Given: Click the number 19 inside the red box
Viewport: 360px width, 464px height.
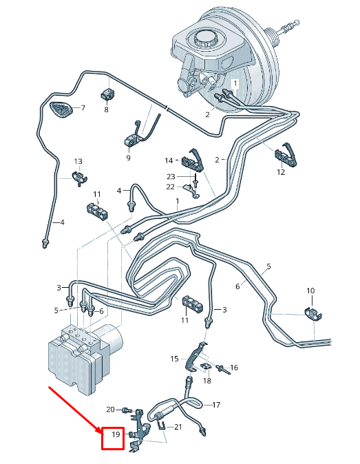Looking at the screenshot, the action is pos(116,434).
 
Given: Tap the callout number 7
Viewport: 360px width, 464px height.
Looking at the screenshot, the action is pos(83,107).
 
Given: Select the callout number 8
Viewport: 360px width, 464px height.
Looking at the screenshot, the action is pos(106,109).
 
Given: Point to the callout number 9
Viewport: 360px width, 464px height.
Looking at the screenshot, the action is pos(129,158).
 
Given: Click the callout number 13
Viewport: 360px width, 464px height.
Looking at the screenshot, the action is pos(78,161).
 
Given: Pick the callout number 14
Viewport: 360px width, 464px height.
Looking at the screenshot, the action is pos(169,160).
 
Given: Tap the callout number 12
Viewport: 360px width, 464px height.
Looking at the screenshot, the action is pos(281,172).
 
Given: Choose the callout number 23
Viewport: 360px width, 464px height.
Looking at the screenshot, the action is pos(171,177).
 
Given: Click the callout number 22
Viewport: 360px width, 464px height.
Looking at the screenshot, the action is pos(171,187).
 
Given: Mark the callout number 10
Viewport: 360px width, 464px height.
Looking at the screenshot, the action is pos(310,291).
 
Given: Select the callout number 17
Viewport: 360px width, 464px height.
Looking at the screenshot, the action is pos(216,405).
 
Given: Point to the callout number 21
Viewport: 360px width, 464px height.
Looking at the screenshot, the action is pos(178,427).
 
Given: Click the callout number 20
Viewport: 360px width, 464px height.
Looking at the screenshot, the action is pos(110,409).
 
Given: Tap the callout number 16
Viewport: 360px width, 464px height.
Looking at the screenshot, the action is pos(234,368).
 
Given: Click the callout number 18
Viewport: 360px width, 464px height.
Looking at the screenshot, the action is pos(207,381).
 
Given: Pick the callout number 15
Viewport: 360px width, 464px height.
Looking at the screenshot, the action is pos(175,359).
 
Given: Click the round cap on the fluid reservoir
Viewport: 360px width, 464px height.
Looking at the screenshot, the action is pos(205,38).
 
